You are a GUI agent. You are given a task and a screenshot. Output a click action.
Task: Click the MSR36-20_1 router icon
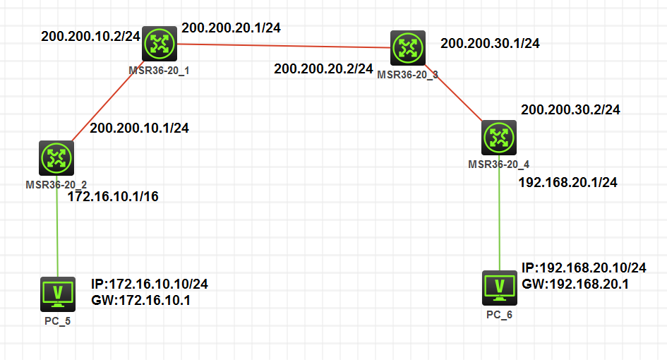[160, 44]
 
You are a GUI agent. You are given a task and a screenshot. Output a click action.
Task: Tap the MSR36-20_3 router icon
[408, 48]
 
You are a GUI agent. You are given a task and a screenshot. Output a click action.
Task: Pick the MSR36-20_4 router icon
[499, 138]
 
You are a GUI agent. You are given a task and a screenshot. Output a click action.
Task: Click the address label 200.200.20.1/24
[231, 28]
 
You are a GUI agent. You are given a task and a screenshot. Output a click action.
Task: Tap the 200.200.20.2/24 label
[323, 68]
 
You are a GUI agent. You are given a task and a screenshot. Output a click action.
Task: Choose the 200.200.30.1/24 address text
[490, 43]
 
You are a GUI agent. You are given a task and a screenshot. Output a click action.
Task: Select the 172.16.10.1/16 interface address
[112, 196]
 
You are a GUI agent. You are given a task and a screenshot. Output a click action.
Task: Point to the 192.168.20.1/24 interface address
[567, 182]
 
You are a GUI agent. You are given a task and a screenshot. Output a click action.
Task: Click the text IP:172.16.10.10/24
[149, 284]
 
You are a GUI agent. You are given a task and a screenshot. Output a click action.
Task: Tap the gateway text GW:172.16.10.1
[140, 300]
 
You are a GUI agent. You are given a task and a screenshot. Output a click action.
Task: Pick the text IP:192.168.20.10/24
[584, 268]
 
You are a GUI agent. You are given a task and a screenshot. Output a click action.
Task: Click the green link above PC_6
[500, 219]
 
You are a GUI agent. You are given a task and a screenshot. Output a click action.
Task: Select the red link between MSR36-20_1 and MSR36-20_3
[282, 46]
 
